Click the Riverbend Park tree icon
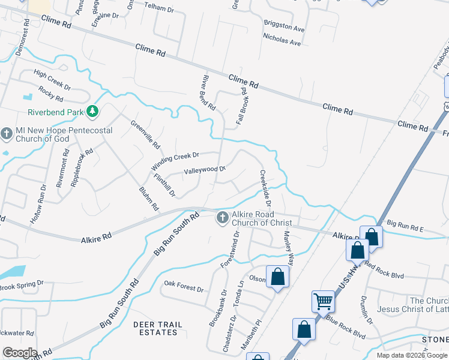pos(92,112)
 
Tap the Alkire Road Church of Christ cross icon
pos(222,217)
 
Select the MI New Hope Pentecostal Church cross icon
pos(7,133)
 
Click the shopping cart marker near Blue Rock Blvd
pos(323,301)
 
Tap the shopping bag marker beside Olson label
pos(277,276)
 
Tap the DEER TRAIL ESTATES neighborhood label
pos(157,329)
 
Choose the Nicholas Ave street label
pos(282,43)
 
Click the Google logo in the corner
pos(19,353)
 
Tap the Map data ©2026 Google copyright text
pos(411,355)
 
